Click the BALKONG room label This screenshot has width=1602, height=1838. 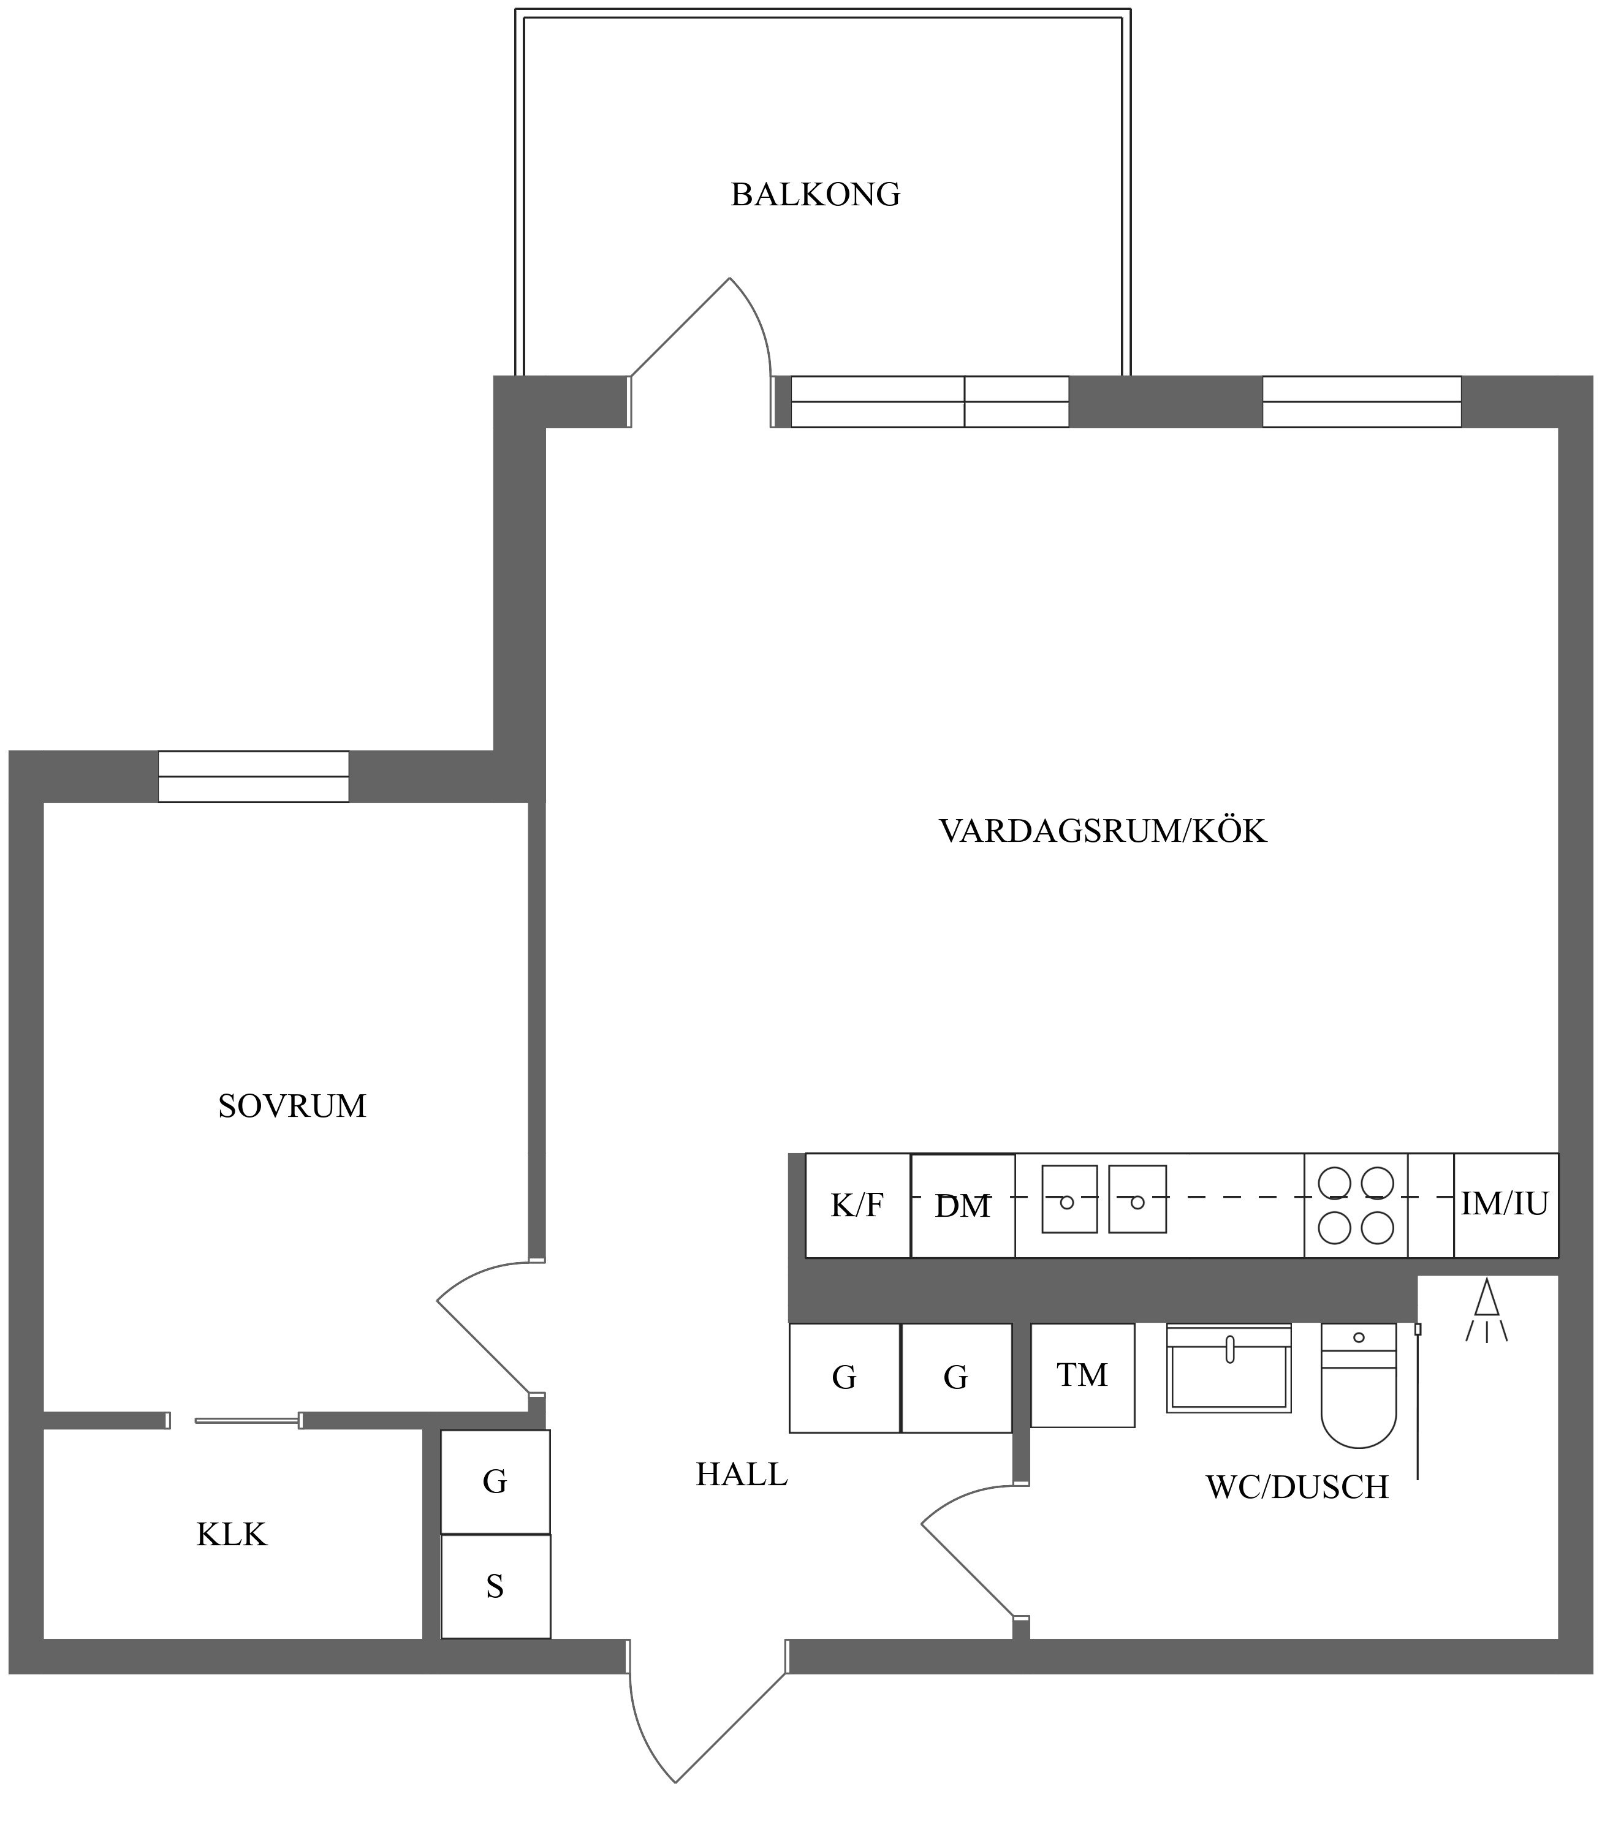815,195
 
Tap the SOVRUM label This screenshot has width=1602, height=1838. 292,1106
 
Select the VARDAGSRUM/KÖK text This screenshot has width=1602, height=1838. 1103,831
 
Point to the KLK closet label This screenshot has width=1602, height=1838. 232,1534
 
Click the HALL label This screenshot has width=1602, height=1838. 742,1474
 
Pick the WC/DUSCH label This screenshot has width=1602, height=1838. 1297,1487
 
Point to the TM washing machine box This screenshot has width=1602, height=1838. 1082,1375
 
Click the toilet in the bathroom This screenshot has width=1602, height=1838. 1359,1385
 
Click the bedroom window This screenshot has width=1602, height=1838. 254,776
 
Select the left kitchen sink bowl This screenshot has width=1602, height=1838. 1070,1199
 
